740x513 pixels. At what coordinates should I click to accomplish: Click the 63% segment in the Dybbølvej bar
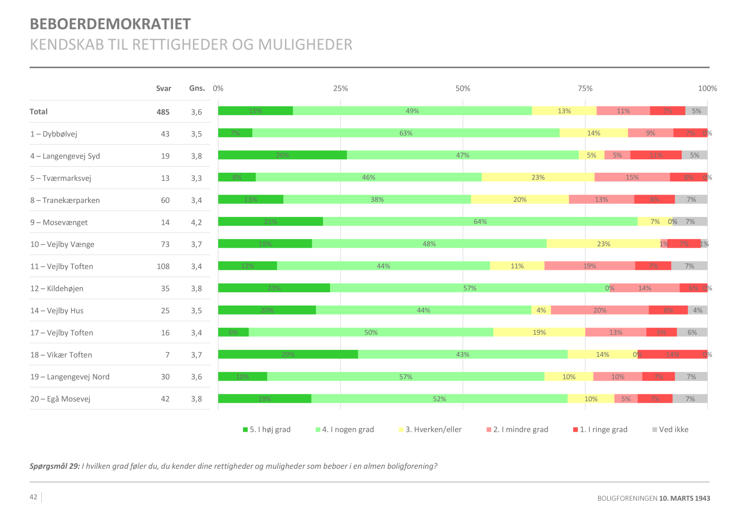pyautogui.click(x=406, y=133)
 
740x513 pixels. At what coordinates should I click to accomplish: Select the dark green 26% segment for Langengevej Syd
pyautogui.click(x=282, y=155)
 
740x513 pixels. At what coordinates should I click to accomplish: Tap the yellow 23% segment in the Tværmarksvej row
pyautogui.click(x=538, y=177)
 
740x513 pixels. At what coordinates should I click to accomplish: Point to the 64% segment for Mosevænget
pyautogui.click(x=480, y=221)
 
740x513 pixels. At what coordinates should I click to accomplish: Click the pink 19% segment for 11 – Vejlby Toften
pyautogui.click(x=589, y=266)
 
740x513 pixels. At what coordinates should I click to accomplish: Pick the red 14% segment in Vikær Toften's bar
pyautogui.click(x=672, y=354)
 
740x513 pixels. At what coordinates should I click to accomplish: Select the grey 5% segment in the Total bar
pyautogui.click(x=696, y=111)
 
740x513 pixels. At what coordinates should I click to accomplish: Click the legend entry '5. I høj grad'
pyautogui.click(x=267, y=429)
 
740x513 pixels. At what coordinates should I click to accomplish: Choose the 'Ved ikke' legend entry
pyautogui.click(x=670, y=429)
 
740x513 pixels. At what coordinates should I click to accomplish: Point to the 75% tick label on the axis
pyautogui.click(x=585, y=89)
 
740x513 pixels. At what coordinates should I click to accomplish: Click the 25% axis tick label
pyautogui.click(x=340, y=89)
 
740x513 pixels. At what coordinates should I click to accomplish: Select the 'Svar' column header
pyautogui.click(x=164, y=89)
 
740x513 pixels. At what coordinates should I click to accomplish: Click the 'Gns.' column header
pyautogui.click(x=197, y=88)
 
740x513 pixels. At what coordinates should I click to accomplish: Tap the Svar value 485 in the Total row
pyautogui.click(x=163, y=112)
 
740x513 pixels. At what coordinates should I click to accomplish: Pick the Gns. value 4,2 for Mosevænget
pyautogui.click(x=196, y=222)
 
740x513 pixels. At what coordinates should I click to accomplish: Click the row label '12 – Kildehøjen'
pyautogui.click(x=57, y=289)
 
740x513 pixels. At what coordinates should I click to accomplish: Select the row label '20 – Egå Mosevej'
pyautogui.click(x=60, y=399)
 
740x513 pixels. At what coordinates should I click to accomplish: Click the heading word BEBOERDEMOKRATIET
pyautogui.click(x=110, y=24)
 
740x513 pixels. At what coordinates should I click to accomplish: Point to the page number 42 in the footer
pyautogui.click(x=33, y=497)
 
